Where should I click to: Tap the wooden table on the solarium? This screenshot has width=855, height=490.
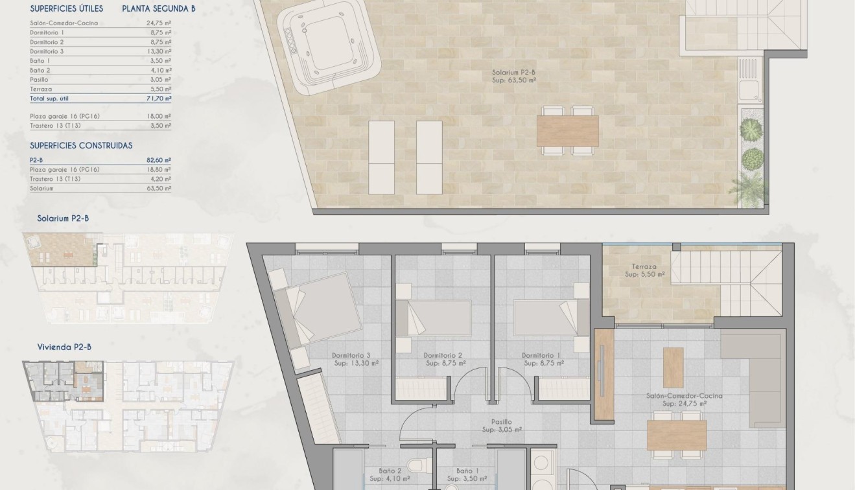tap(567, 131)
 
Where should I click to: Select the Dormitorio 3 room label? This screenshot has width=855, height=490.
tap(351, 355)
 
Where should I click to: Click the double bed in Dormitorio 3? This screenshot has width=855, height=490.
tap(317, 307)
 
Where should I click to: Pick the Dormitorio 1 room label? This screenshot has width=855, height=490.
tap(541, 355)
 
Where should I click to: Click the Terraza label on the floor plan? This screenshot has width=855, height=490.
tap(644, 266)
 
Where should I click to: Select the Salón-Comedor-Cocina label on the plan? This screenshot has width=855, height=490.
tap(684, 395)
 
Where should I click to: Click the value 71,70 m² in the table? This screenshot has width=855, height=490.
tap(158, 99)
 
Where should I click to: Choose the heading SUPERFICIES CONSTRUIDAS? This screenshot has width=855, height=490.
tap(81, 146)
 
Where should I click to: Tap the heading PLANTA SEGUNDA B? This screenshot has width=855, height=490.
tap(159, 9)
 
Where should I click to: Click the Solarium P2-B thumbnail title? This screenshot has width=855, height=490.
tap(63, 218)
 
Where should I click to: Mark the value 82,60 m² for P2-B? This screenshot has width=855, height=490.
tap(158, 159)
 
